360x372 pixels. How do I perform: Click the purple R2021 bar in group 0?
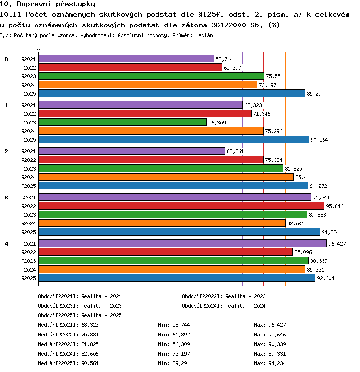coord(126,59)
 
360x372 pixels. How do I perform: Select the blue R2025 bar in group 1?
coord(174,139)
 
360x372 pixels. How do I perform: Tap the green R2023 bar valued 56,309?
coord(123,122)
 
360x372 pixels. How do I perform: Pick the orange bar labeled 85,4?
coord(166,177)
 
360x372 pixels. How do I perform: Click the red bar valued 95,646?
coord(181,206)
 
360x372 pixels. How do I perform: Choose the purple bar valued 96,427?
coord(183,243)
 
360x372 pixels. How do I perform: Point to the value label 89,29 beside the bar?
coord(314,94)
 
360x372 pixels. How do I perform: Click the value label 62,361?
coord(235,151)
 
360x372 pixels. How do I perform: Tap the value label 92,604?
coord(325,278)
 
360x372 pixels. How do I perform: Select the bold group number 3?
coord(6,198)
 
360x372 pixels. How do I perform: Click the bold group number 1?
coord(6,105)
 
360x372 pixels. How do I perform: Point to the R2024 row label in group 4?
coord(28,270)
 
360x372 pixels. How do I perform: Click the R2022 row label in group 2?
coord(28,160)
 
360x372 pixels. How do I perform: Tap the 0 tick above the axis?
coord(38,50)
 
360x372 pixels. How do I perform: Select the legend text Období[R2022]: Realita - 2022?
coord(224,296)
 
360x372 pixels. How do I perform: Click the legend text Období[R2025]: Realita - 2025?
coord(80,315)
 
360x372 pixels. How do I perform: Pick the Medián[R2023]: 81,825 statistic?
coord(68,344)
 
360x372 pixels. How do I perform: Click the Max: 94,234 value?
coord(270,363)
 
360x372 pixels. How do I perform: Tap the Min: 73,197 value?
coord(174,354)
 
